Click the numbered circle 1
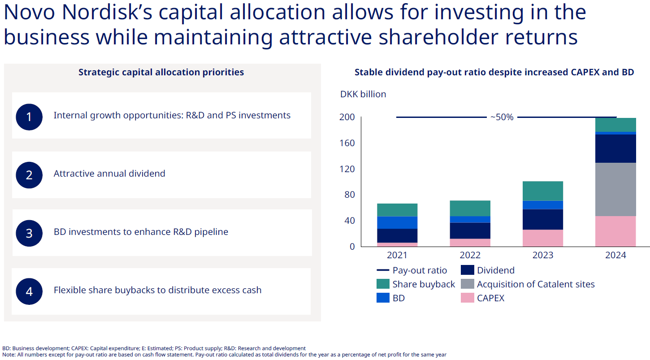point(29,117)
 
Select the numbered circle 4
point(29,291)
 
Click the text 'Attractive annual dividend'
point(109,173)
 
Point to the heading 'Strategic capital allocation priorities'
point(161,72)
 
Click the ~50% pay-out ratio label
point(502,117)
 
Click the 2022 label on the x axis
point(470,255)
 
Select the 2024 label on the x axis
point(615,255)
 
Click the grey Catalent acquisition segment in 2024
point(615,189)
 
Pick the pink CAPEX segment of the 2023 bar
point(542,238)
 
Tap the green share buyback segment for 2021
point(397,210)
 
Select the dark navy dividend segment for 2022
point(470,230)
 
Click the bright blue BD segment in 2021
point(397,222)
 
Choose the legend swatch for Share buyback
point(383,284)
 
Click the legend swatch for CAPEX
point(467,298)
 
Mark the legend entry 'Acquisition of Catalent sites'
point(536,284)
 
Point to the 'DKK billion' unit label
point(363,94)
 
